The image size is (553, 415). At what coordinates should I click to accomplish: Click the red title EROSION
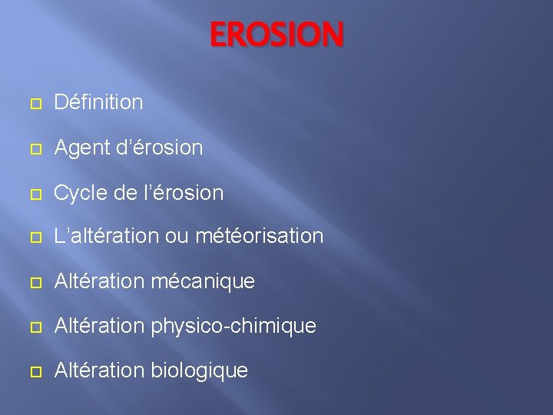tap(277, 35)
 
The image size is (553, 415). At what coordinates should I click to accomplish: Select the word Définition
tap(98, 102)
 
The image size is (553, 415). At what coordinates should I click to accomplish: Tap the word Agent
tap(80, 148)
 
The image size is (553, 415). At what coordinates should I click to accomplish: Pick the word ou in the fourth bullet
tap(175, 237)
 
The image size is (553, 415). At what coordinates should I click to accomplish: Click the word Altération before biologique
tap(98, 370)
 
